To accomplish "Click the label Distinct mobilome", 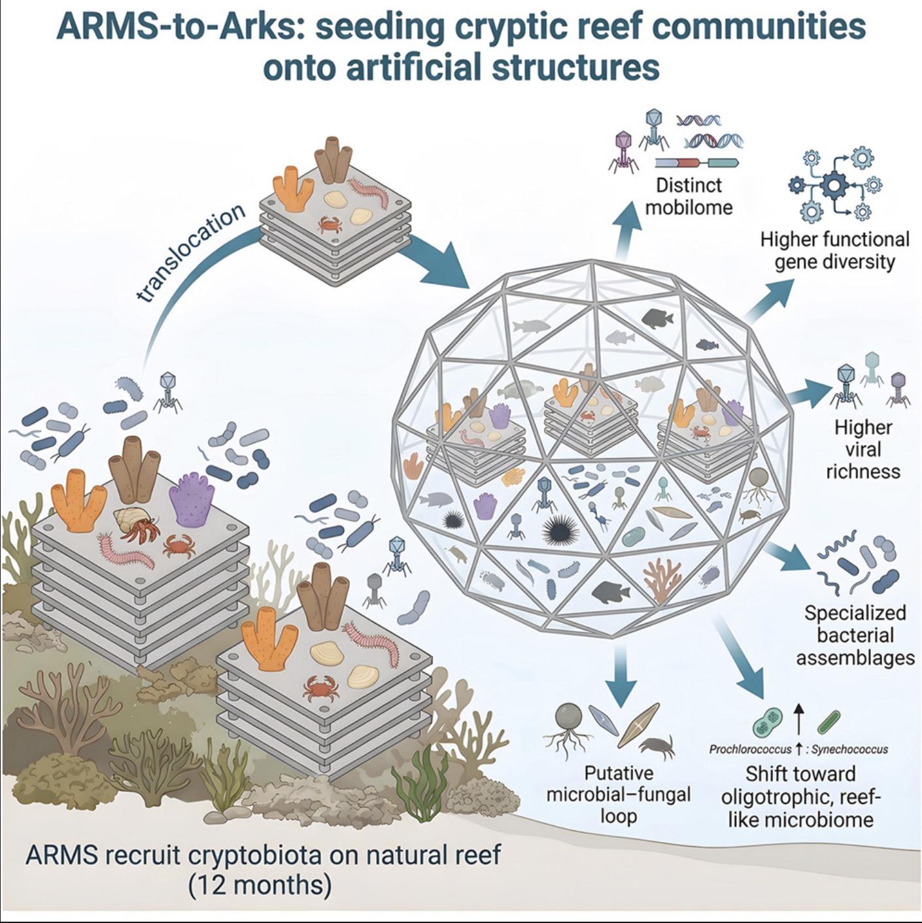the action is click(689, 196).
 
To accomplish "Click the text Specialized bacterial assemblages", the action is click(855, 635).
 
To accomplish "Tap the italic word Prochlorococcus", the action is click(750, 750).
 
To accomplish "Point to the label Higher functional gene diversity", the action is click(835, 250).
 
